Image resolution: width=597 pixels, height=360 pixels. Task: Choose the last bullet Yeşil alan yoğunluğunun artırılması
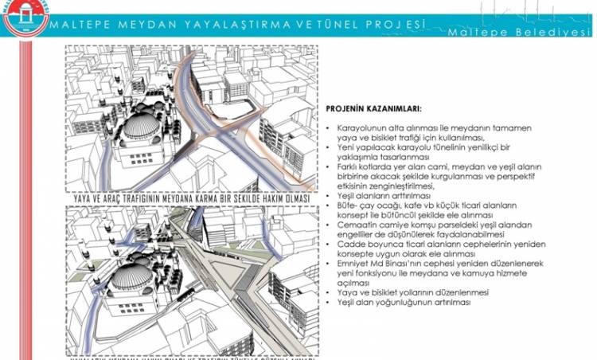click(x=404, y=303)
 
